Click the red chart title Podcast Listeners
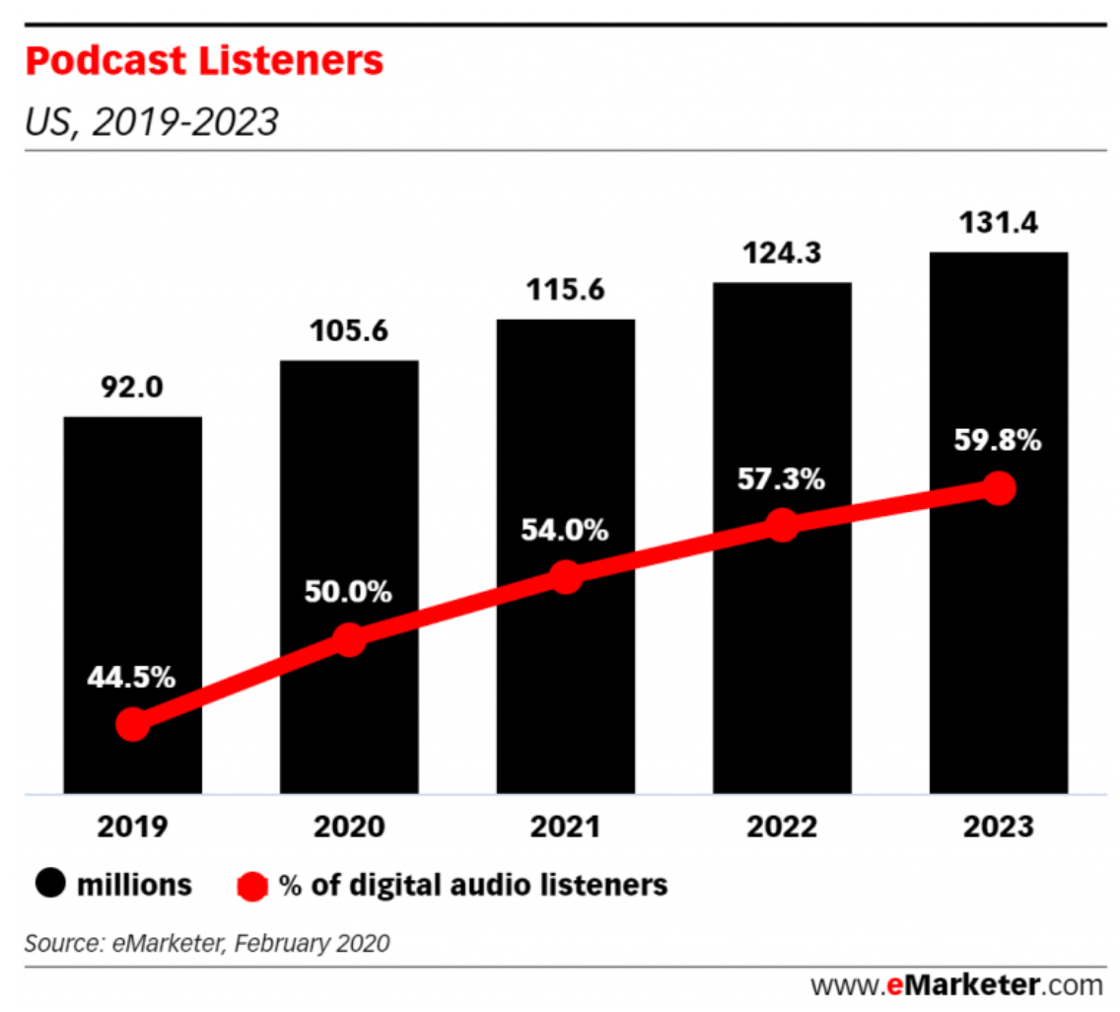click(x=204, y=62)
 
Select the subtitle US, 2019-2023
click(x=151, y=122)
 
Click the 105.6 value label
click(x=349, y=329)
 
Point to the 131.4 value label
click(x=998, y=222)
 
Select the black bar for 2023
click(x=998, y=375)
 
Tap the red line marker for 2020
click(x=349, y=639)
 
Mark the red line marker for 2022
click(x=782, y=525)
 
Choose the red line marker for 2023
click(x=999, y=488)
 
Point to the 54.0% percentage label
click(x=565, y=530)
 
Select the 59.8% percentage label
click(x=998, y=440)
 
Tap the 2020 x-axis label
click(x=349, y=827)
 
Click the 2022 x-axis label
click(x=782, y=827)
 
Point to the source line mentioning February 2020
click(x=207, y=943)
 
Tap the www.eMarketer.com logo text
click(x=955, y=984)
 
